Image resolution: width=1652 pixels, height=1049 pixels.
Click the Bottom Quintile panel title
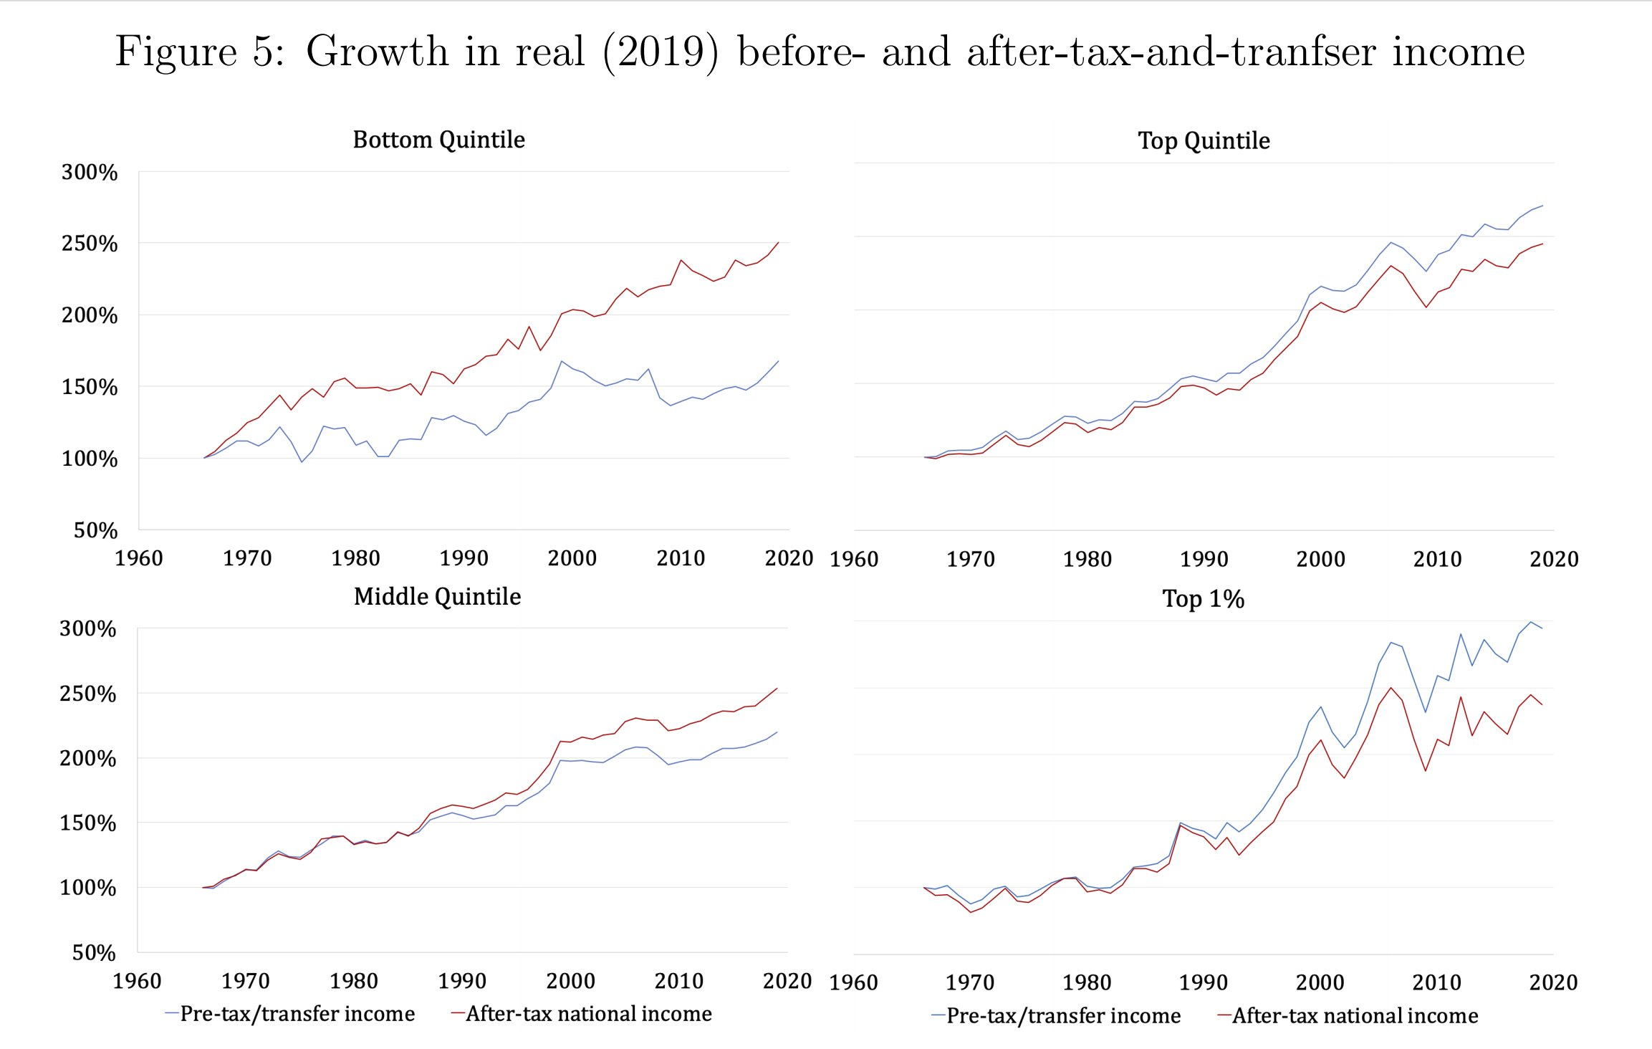coord(438,139)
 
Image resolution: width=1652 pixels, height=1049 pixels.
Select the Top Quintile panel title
coord(1204,140)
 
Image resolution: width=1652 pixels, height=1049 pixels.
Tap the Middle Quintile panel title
coord(437,596)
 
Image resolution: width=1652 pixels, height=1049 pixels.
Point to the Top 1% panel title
coord(1203,598)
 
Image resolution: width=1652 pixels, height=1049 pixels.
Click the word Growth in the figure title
coord(377,52)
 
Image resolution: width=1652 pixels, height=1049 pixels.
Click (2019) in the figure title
coord(660,52)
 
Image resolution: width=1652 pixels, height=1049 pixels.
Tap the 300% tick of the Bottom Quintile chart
coord(90,172)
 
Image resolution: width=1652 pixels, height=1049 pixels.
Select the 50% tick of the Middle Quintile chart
coord(94,952)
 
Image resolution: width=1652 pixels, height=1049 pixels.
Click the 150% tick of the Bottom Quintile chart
coord(90,387)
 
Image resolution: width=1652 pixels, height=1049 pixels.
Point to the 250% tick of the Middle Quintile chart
coord(87,694)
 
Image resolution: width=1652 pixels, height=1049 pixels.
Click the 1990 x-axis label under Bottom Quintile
coord(464,558)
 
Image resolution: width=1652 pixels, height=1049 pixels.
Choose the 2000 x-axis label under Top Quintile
coord(1320,559)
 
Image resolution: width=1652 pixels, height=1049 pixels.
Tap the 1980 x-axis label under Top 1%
coord(1087,982)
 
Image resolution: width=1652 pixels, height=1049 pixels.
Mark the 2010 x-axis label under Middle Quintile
coord(678,981)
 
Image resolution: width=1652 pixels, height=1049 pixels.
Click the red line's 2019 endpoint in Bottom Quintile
coord(778,242)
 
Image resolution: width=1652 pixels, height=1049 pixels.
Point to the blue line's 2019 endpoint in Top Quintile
coord(1542,206)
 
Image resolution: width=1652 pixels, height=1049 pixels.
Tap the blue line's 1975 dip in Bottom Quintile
coord(302,461)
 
